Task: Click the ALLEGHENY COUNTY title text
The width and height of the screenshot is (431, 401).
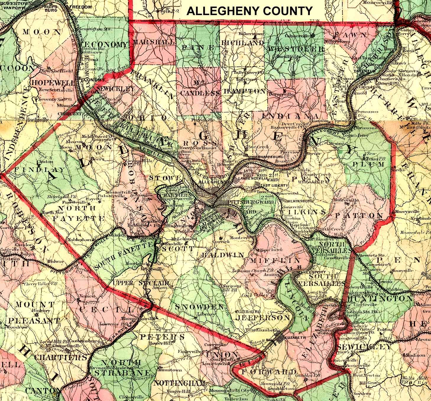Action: point(249,11)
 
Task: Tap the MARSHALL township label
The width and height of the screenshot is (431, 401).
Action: point(153,42)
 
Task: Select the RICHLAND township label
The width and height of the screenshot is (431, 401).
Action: point(242,43)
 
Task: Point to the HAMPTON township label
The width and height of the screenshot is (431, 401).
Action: point(244,91)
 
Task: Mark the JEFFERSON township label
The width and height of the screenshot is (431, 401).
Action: point(262,318)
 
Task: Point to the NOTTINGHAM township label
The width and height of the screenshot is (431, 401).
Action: point(179,383)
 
